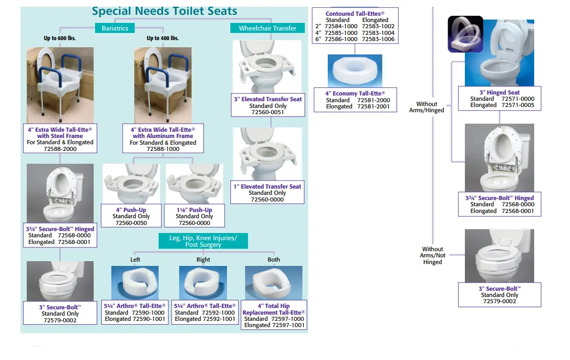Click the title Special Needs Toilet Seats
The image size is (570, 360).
164,11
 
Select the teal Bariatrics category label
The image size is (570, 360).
115,28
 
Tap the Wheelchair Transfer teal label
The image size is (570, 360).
268,28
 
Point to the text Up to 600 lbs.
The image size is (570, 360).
60,38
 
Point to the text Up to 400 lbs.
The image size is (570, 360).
162,38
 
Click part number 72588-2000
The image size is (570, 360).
60,149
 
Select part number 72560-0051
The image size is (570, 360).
268,112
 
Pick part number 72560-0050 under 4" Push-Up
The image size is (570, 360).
131,223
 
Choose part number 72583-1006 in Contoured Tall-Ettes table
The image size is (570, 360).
378,39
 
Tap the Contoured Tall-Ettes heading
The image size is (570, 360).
355,14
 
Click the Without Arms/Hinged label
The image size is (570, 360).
426,107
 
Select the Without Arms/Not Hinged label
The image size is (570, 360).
432,255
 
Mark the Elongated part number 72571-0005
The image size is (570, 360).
518,105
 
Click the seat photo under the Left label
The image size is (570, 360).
135,283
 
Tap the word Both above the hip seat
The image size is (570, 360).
274,260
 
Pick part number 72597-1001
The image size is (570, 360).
288,325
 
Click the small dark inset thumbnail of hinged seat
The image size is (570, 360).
465,34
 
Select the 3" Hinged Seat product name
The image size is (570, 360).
499,93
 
